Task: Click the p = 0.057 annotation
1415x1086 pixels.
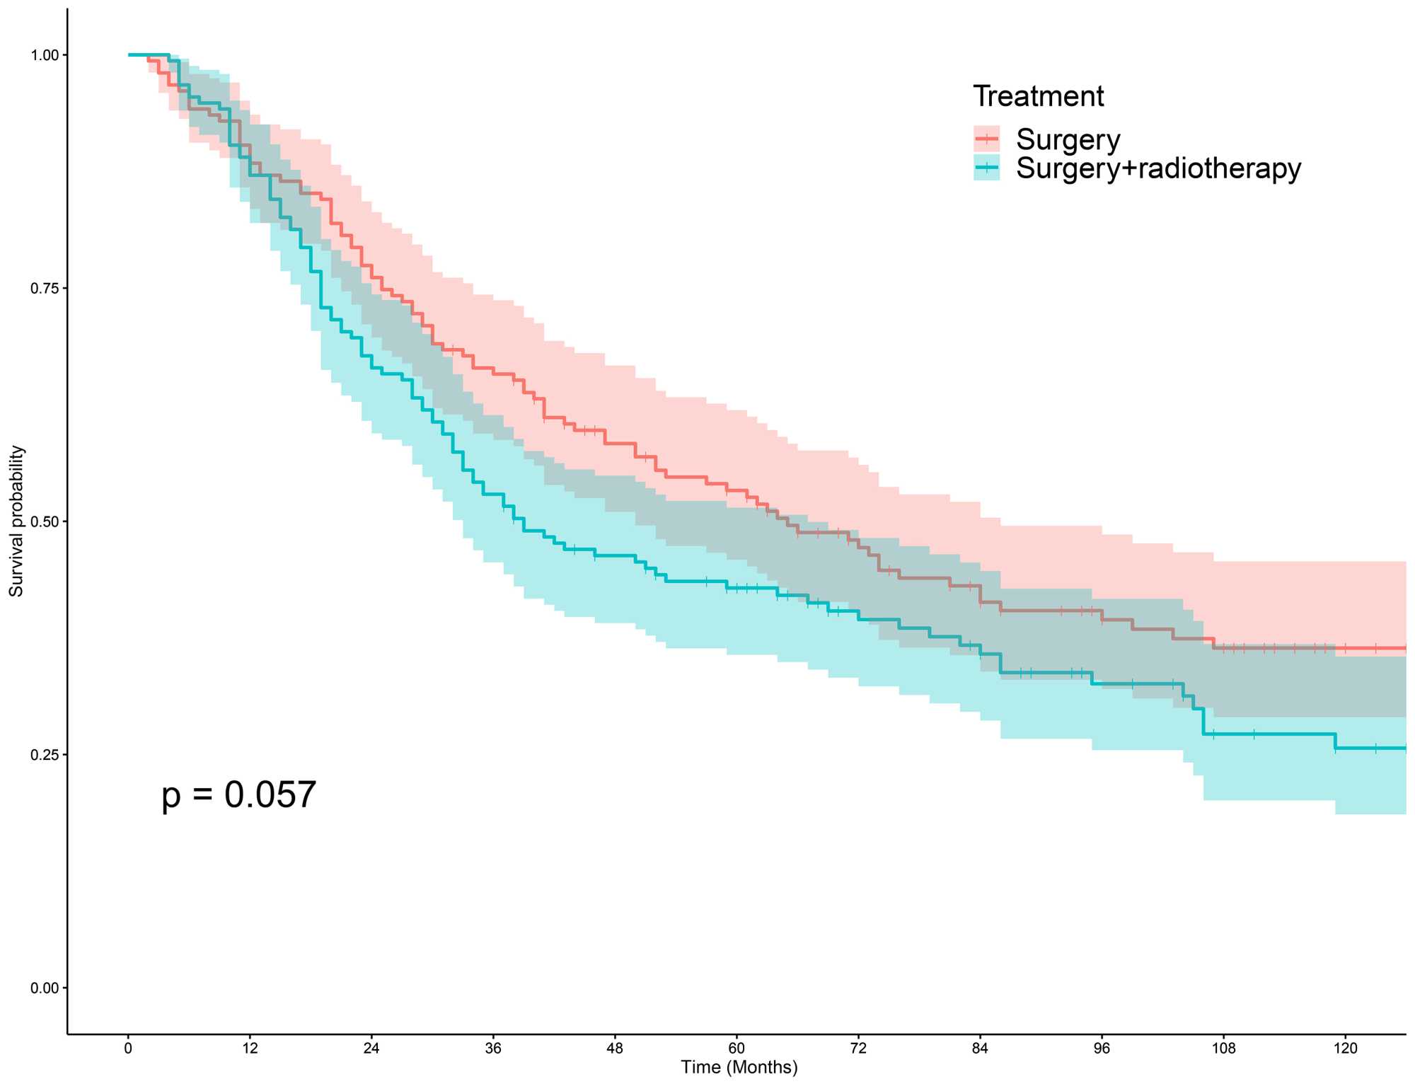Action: click(x=238, y=795)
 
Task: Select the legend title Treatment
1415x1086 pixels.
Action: click(x=1038, y=96)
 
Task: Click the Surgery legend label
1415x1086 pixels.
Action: click(x=1068, y=139)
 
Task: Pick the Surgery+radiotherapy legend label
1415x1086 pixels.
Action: click(x=1158, y=168)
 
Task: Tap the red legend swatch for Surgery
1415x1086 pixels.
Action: click(x=986, y=139)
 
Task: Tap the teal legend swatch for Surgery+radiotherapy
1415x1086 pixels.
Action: click(x=986, y=168)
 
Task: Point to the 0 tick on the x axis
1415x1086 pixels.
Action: click(x=128, y=1049)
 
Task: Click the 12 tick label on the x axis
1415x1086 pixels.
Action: click(x=250, y=1049)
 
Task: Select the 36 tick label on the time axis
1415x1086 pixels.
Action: click(x=493, y=1049)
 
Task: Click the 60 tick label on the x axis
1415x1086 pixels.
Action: click(x=737, y=1049)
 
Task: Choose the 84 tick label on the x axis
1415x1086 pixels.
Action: click(x=980, y=1049)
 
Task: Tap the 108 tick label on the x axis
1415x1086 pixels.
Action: click(x=1223, y=1049)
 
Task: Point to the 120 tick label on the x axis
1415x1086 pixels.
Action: click(x=1345, y=1049)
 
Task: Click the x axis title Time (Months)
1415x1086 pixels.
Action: click(x=739, y=1067)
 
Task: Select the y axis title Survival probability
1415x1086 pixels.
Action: click(x=16, y=521)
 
